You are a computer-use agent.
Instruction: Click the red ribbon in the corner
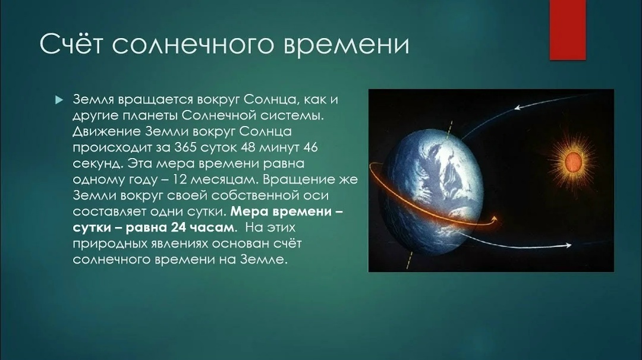567,30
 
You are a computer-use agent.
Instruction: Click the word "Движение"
104,131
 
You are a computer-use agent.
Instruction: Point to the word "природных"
104,244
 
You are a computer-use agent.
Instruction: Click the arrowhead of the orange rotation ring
493,220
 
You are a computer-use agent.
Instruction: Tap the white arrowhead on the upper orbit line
518,108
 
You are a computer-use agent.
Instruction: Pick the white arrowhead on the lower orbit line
567,245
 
